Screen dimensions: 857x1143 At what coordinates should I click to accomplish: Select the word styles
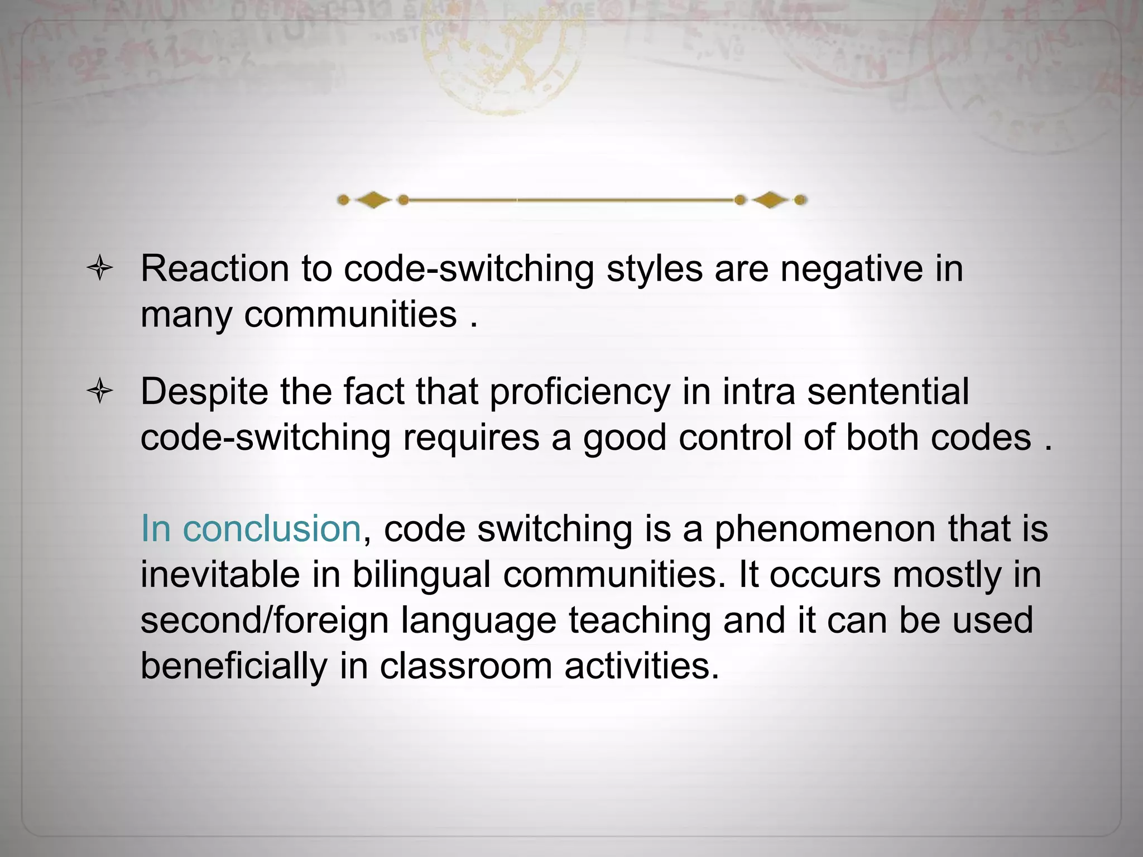click(655, 268)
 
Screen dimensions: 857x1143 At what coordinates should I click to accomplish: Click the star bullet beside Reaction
click(100, 268)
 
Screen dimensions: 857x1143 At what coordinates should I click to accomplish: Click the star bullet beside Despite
click(100, 391)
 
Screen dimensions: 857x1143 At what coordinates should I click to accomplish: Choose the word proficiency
click(579, 392)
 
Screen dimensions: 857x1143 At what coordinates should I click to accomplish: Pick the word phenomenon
click(825, 529)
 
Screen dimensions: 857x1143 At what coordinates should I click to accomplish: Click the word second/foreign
click(264, 621)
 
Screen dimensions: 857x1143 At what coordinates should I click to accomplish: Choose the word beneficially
click(233, 667)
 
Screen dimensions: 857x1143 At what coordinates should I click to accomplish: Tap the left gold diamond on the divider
click(373, 200)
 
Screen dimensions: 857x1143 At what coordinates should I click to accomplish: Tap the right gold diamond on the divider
click(770, 200)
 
